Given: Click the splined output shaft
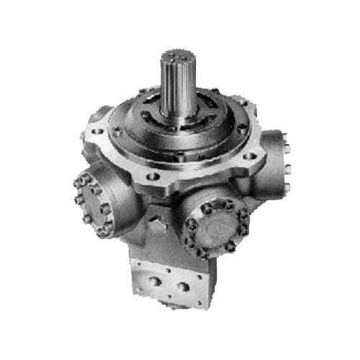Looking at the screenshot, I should (x=176, y=86).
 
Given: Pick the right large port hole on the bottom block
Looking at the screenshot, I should (x=184, y=287).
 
